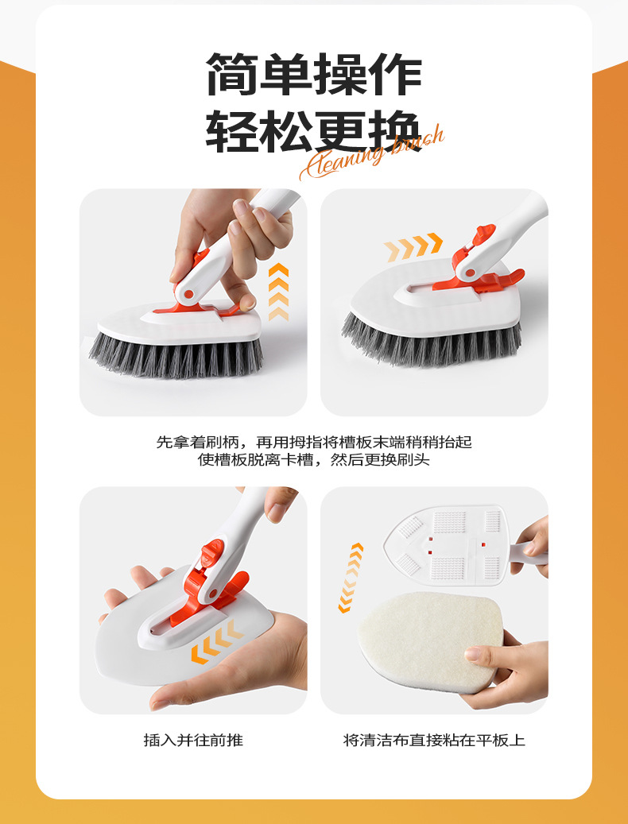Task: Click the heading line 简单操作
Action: tap(314, 75)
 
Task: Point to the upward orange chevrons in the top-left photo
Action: tap(277, 292)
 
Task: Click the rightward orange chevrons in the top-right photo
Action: tap(413, 246)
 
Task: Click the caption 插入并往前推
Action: tap(193, 740)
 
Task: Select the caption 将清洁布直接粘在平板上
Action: tap(434, 740)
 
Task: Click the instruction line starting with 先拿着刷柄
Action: tap(313, 442)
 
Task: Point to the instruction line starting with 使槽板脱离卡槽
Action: tap(313, 460)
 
